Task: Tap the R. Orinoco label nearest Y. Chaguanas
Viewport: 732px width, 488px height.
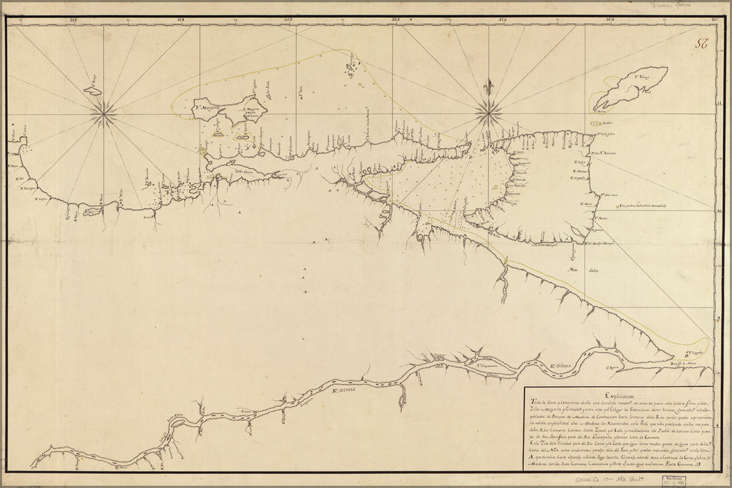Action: pyautogui.click(x=560, y=365)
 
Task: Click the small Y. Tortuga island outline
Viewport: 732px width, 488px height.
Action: pyautogui.click(x=93, y=89)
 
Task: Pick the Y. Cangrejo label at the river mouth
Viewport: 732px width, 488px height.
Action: pyautogui.click(x=698, y=353)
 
